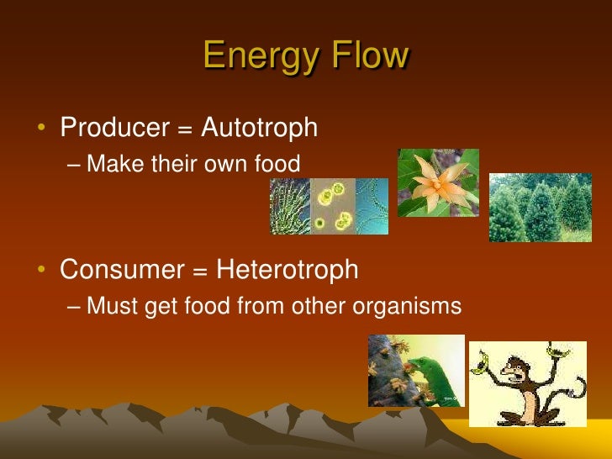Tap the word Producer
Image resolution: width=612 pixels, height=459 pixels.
coord(114,128)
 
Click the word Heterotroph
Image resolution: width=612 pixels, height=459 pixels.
coord(288,270)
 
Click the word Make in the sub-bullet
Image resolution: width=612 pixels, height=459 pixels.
coord(116,164)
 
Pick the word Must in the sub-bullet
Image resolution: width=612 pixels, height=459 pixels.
coord(114,307)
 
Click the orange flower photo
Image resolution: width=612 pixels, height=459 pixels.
coord(437,182)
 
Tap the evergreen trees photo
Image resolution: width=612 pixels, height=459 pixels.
coord(540,208)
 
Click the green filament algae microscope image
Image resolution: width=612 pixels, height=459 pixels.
coord(290,206)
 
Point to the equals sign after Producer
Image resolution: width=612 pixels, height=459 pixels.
coord(184,129)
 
